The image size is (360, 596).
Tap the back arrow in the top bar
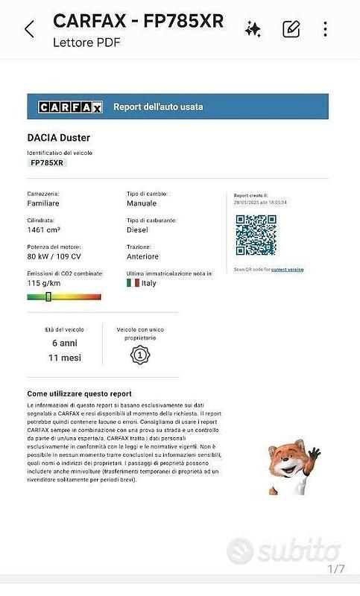[29, 29]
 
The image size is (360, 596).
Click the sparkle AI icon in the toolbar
[253, 29]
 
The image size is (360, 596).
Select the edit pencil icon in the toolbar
[291, 29]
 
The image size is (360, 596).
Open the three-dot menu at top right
[326, 29]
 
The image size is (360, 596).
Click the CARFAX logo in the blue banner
[71, 107]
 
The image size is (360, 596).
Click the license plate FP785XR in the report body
[47, 162]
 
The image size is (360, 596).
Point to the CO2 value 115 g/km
[44, 283]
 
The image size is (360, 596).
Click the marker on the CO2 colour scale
[48, 297]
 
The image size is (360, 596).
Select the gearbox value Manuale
[142, 203]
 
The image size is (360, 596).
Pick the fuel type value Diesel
[138, 230]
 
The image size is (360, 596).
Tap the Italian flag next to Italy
[133, 283]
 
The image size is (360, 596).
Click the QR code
[256, 235]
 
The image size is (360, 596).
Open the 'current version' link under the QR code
[287, 269]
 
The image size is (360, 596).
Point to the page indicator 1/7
[336, 569]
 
